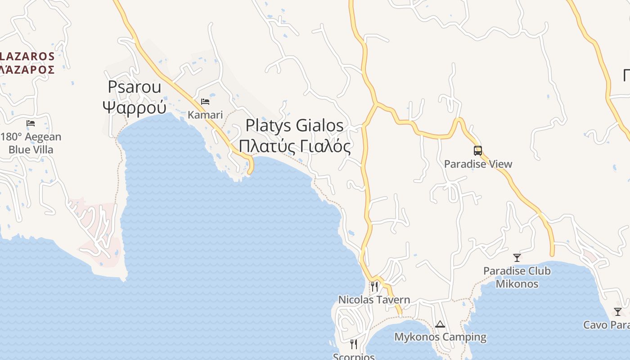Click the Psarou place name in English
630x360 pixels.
point(134,87)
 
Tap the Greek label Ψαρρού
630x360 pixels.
point(134,108)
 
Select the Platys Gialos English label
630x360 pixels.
point(295,126)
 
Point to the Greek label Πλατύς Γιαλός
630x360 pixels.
point(295,146)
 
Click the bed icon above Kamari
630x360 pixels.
point(205,101)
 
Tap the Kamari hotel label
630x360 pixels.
point(205,115)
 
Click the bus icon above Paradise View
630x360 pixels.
point(478,151)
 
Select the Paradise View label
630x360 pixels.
point(478,164)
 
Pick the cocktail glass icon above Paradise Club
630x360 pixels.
point(517,258)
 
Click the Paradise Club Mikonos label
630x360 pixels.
point(517,277)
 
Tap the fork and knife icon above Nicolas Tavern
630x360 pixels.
point(374,286)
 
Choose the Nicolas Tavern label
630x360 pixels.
point(374,300)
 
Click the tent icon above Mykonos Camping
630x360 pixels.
point(440,324)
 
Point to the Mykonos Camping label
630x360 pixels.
point(440,337)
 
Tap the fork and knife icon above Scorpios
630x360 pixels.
point(354,344)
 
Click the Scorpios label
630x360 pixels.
point(354,356)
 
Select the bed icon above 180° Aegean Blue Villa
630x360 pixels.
point(31,123)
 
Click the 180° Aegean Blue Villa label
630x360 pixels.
point(31,143)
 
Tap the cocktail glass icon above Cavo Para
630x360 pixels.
point(618,312)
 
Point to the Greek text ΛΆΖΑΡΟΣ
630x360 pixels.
point(27,70)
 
